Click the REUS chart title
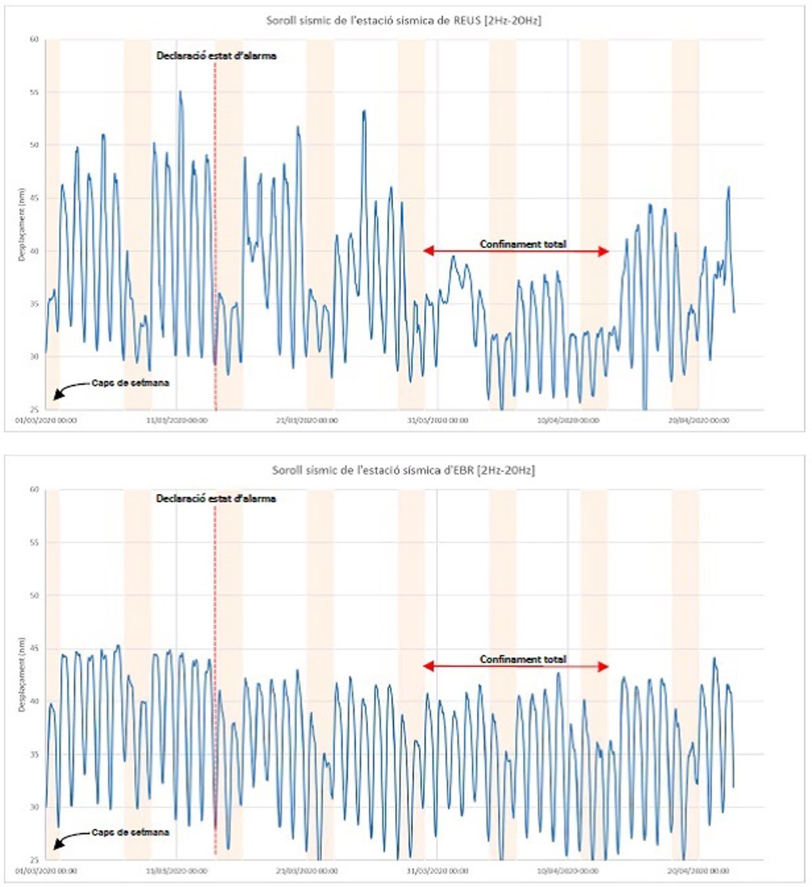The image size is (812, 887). pos(403,20)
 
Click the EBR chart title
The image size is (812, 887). pos(403,470)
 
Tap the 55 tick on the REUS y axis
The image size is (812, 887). pos(34,92)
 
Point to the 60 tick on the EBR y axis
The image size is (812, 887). pos(34,489)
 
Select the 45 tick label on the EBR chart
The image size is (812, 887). pos(34,648)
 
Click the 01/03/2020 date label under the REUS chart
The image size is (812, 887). pos(46,421)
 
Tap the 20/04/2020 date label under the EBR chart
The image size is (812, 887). pos(699,871)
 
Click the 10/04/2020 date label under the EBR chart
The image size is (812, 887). pos(568,871)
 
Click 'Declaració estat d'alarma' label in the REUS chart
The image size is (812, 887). pos(217,56)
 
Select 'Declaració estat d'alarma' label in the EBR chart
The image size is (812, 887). pos(217,499)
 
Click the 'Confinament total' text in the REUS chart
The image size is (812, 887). pos(523,244)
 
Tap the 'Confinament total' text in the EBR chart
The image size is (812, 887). pos(523,659)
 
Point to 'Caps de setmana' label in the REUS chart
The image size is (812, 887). pos(131,383)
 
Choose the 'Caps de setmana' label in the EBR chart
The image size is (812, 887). pos(131,832)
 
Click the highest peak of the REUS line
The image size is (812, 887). pos(180,91)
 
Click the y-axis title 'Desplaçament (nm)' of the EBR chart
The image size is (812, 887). pos(22,675)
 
